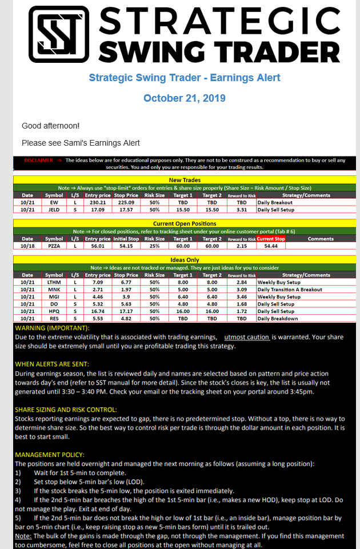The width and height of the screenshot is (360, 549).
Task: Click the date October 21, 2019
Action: point(184,98)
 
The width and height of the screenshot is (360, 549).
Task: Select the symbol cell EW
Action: point(54,202)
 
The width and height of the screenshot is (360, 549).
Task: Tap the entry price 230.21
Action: point(98,202)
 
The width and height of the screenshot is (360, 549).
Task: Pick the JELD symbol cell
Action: point(54,210)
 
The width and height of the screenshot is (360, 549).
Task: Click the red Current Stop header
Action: point(271,239)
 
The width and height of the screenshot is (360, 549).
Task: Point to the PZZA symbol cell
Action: point(54,246)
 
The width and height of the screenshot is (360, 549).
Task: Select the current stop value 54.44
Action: point(271,246)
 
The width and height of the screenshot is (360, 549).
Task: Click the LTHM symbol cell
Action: point(54,282)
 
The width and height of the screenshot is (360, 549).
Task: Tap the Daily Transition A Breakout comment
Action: point(290,290)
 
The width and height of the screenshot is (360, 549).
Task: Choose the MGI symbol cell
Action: point(54,297)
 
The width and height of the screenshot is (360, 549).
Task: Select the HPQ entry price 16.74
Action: point(98,311)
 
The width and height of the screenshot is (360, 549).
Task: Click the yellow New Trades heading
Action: point(179,180)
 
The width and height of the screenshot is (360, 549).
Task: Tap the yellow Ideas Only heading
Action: point(179,260)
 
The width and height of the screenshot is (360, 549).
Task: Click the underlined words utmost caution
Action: point(246,338)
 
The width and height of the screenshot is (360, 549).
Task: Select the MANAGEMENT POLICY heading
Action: point(50,455)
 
